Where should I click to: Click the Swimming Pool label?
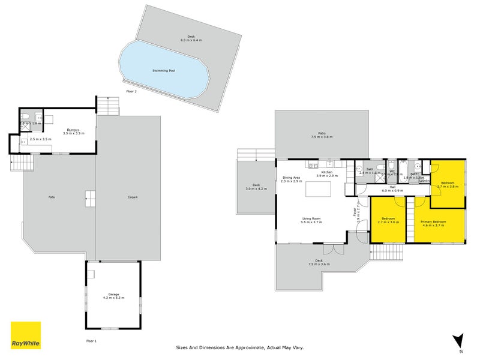(x=164, y=70)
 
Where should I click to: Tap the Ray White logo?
(x=26, y=335)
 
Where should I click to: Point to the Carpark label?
(x=133, y=197)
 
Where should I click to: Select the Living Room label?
(x=311, y=220)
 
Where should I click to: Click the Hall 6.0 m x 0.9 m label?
(x=392, y=189)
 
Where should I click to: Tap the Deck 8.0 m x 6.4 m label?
(x=191, y=38)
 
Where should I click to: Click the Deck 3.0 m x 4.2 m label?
(x=256, y=187)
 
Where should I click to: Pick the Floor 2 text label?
(x=131, y=91)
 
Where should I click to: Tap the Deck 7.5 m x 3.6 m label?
(x=319, y=262)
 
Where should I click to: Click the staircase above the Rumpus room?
(x=108, y=107)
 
